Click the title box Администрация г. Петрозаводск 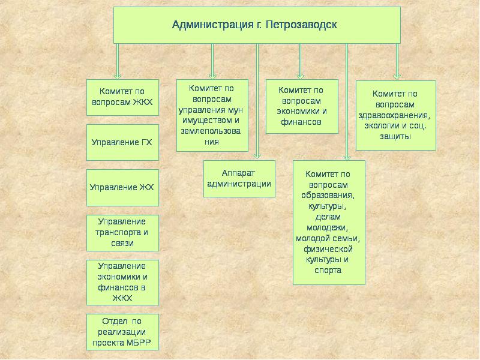257,25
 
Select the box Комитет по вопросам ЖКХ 122,97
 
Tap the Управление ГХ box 122,142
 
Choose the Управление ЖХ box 122,188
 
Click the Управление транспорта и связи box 122,233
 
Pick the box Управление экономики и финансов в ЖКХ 122,283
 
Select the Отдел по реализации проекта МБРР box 122,332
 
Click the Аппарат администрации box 239,179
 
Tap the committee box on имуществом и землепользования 212,115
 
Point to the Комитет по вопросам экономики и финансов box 302,107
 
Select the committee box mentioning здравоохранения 396,115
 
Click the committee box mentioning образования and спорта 329,223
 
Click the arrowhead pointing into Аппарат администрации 257,156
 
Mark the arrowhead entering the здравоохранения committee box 397,76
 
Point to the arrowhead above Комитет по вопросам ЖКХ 117,76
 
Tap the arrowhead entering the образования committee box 347,157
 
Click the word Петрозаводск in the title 301,25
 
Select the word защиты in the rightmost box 395,137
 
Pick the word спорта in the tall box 328,271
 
